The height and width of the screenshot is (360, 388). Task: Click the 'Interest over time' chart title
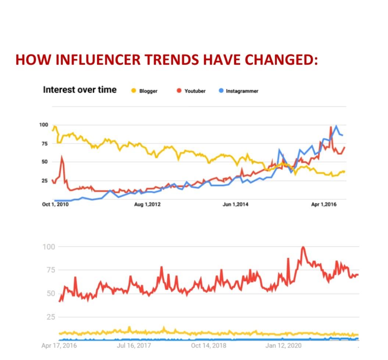79,90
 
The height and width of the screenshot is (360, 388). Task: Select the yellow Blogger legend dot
134,91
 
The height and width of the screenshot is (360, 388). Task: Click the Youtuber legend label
195,91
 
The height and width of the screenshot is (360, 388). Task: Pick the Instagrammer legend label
242,91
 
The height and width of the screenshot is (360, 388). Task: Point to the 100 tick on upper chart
43,125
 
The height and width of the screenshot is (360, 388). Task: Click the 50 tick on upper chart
45,162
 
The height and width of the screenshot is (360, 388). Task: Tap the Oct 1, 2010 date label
55,204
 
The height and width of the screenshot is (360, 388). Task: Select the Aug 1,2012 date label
147,204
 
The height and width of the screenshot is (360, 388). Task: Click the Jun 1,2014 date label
235,204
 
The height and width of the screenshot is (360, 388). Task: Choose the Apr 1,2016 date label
324,204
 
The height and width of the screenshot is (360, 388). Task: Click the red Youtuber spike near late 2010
62,157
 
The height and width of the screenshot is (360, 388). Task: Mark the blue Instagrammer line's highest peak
336,126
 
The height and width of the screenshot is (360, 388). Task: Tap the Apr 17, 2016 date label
59,346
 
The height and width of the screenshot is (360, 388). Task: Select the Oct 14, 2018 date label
209,346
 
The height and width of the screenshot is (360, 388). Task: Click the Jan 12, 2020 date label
283,346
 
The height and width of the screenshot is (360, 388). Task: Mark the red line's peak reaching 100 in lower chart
303,247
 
